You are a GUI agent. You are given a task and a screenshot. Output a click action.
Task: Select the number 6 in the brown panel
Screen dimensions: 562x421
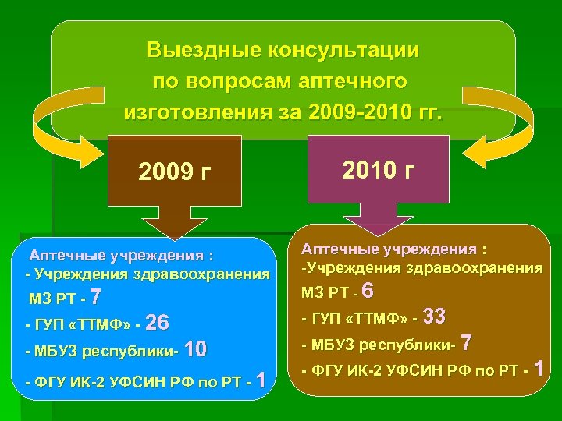tap(369, 291)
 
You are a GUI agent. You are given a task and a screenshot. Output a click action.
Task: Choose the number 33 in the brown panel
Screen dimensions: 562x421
tap(433, 317)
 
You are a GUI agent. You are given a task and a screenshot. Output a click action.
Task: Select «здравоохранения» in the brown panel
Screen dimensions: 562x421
tap(481, 268)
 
